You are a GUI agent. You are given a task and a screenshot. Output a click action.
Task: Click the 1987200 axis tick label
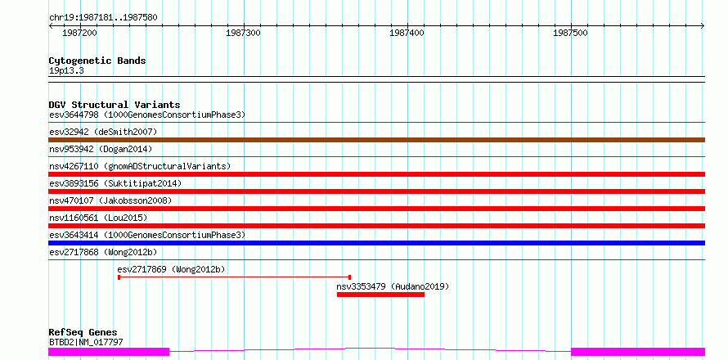[79, 33]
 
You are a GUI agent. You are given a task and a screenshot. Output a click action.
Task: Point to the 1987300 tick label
[243, 33]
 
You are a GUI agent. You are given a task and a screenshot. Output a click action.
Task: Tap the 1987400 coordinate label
[407, 33]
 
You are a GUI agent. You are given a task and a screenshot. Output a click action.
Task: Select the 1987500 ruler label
[571, 33]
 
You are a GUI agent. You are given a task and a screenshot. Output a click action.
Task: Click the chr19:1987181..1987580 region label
[103, 18]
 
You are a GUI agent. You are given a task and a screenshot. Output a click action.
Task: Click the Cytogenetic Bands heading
[97, 61]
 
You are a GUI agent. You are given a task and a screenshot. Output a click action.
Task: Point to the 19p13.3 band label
[66, 71]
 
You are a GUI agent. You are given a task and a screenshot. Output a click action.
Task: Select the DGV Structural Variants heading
[115, 105]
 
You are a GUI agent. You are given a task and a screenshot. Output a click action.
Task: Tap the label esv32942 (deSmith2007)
[103, 132]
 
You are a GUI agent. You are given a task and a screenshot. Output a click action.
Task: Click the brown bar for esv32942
[376, 140]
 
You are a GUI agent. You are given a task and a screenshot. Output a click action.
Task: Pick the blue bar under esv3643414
[376, 243]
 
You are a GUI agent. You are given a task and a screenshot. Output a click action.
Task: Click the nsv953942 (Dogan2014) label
[101, 149]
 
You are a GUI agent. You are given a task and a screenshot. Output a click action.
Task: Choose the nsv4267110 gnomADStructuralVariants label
[140, 166]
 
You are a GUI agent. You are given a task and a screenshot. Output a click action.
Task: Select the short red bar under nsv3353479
[380, 295]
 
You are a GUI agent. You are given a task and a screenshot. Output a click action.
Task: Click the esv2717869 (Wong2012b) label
[171, 269]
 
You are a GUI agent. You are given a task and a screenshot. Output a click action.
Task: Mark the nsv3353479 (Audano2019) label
[393, 286]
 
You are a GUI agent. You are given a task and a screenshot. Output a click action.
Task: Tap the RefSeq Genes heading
[83, 332]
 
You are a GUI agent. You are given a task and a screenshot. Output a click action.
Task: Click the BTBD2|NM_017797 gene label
[86, 343]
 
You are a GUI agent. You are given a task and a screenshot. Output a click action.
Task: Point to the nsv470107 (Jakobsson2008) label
[110, 200]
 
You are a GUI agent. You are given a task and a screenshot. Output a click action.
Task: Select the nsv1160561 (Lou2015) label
[98, 218]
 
